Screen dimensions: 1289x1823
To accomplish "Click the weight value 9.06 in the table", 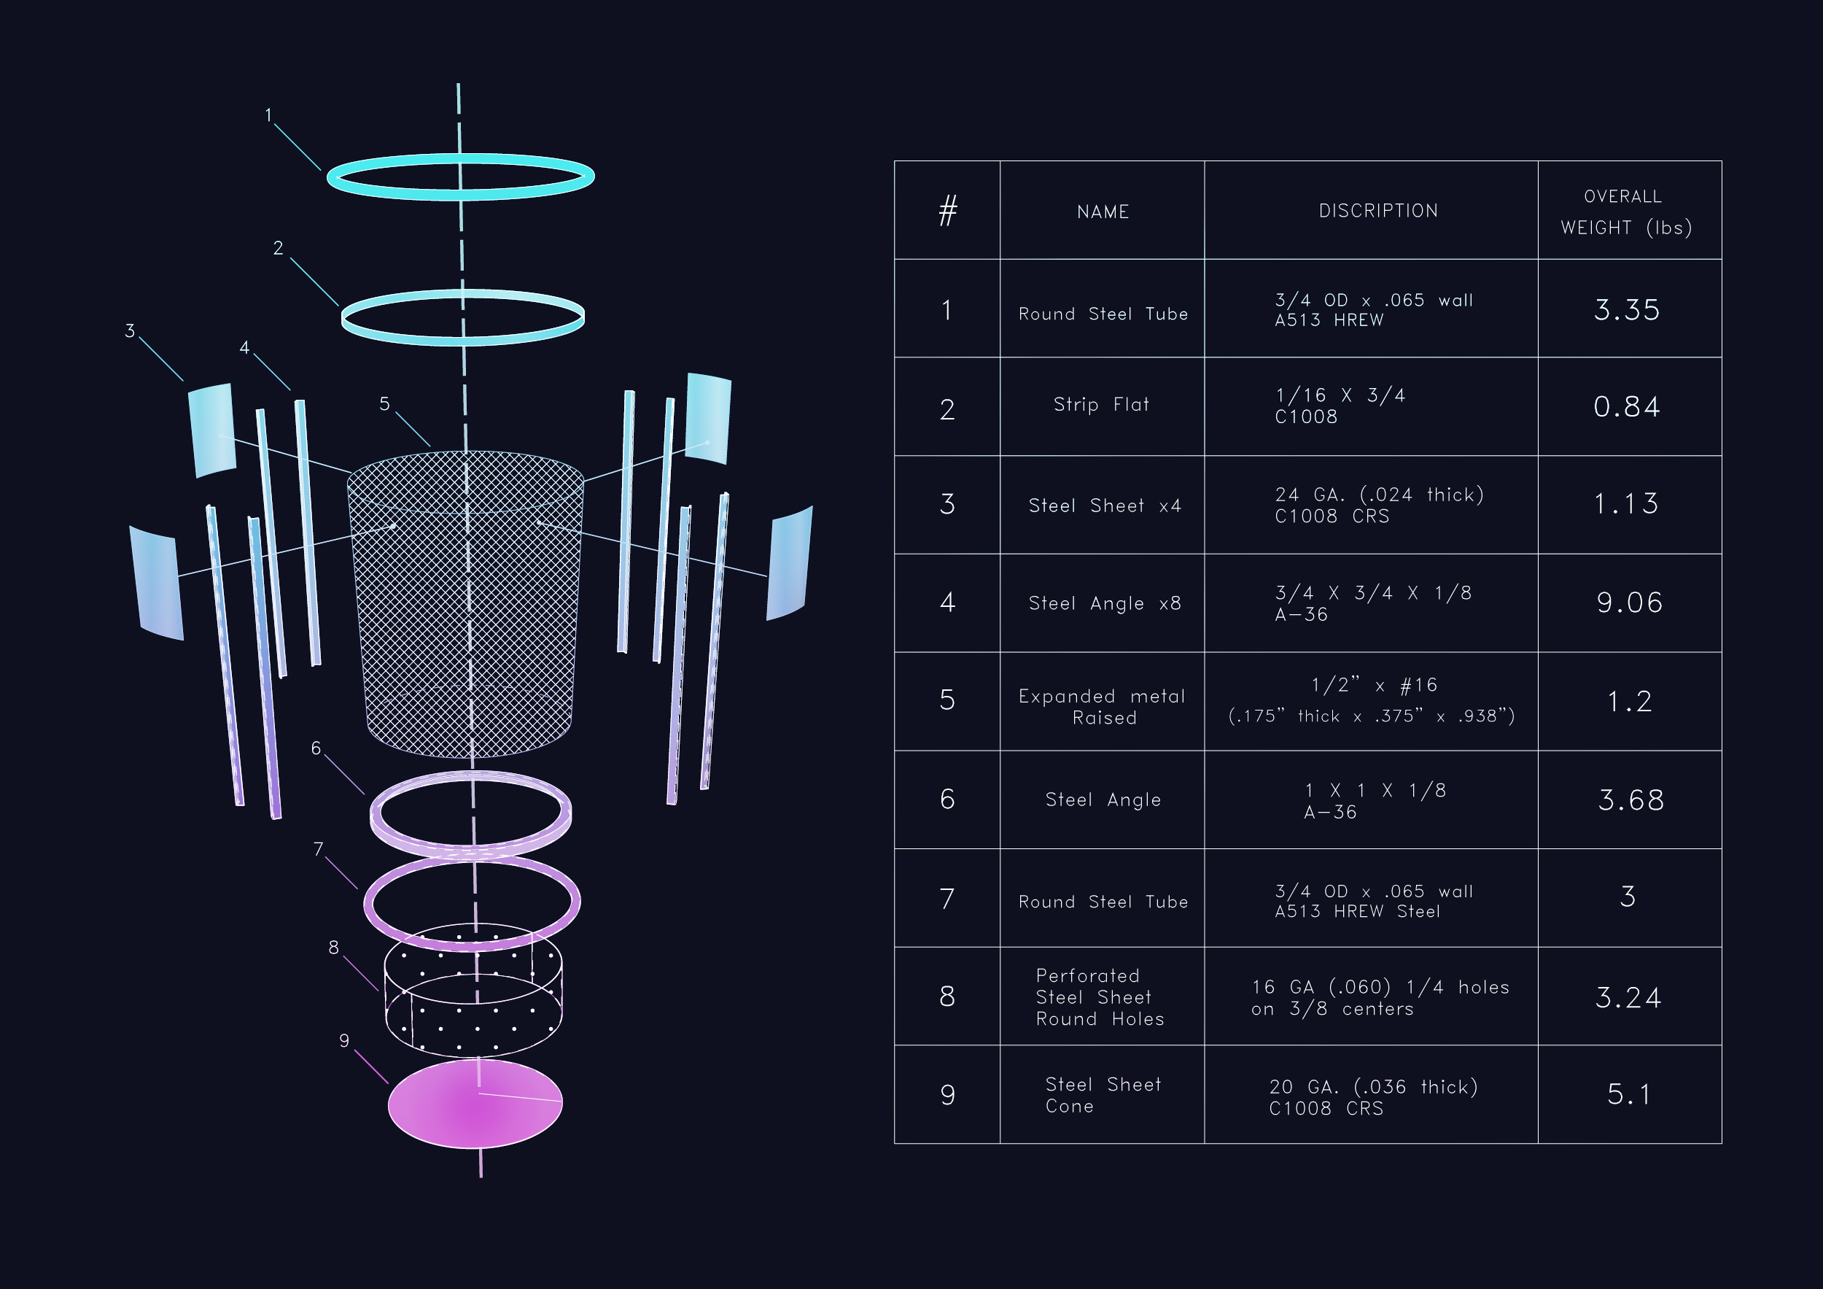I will coord(1628,603).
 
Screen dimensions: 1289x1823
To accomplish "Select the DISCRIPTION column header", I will coord(1377,212).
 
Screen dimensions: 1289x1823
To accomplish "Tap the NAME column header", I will coord(1102,212).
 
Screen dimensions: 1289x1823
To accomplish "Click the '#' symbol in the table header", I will coord(947,212).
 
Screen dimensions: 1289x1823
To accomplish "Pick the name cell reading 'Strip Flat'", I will coord(1100,405).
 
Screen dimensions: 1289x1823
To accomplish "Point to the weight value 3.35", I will coord(1626,310).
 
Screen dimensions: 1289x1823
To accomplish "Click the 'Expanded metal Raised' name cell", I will coord(1102,707).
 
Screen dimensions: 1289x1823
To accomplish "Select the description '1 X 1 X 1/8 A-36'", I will coord(1375,800).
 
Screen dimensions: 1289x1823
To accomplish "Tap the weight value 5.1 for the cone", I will coord(1628,1094).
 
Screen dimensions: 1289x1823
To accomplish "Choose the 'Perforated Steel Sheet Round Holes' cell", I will coord(1100,996).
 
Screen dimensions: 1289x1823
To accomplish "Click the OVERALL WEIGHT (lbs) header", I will coord(1626,212).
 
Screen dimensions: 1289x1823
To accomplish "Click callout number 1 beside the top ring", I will coord(268,116).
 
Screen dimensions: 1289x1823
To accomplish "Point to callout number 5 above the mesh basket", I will coord(384,404).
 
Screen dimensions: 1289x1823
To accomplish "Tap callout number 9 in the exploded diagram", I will coord(343,1041).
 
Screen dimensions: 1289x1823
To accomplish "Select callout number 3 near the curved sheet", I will coord(129,331).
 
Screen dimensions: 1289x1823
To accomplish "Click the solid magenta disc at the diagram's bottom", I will coord(475,1104).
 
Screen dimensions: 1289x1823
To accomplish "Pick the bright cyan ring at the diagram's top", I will coord(461,158).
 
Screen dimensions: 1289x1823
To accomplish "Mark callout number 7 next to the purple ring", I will coord(319,850).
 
